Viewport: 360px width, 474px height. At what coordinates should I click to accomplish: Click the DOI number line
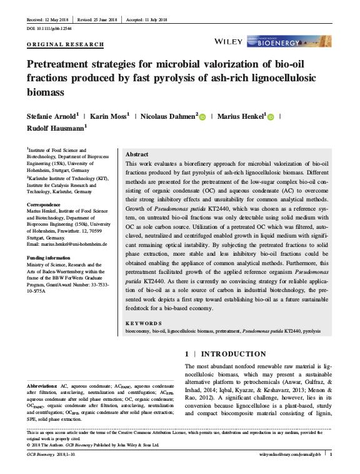pos(49,29)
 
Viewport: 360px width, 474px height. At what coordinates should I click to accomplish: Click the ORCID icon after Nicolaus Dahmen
pos(202,116)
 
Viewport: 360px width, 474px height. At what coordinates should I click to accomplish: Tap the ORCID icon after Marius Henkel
pos(271,116)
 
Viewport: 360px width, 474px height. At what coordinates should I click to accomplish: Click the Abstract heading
pos(137,154)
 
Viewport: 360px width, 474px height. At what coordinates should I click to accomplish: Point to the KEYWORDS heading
pos(143,323)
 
